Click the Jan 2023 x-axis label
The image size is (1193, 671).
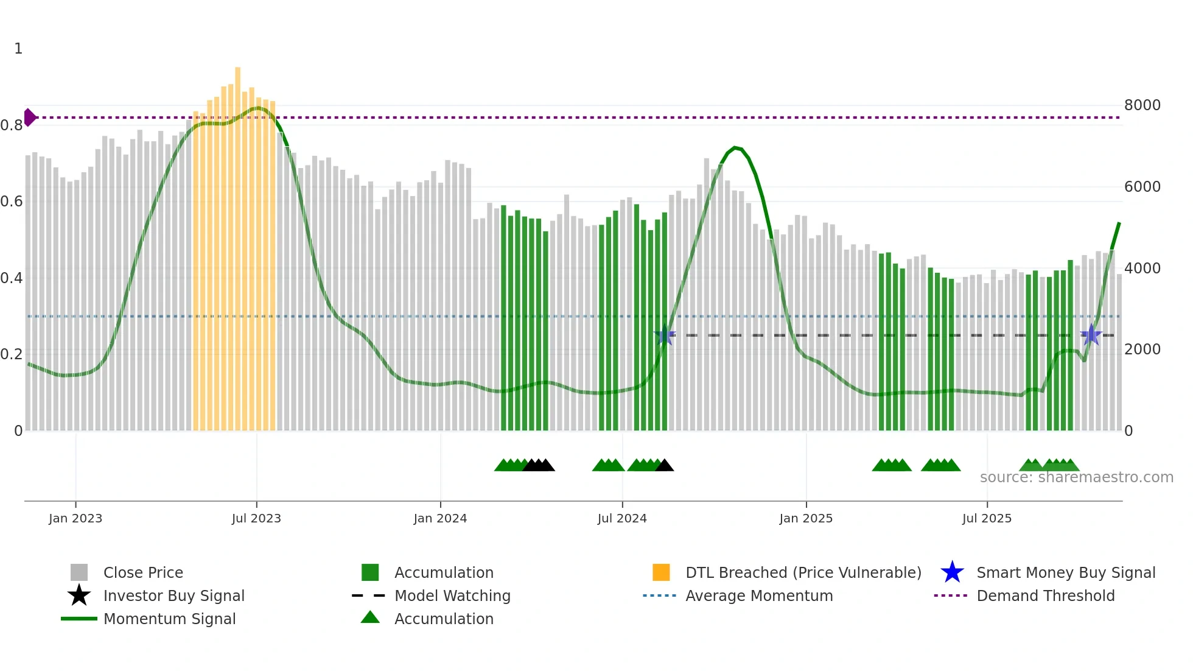(x=75, y=518)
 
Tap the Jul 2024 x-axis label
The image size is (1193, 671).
(x=622, y=518)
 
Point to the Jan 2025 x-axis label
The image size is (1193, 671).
(x=806, y=518)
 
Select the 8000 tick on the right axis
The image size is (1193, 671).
(x=1142, y=105)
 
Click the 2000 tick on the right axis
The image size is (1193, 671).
(x=1142, y=350)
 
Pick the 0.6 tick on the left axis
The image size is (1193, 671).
(x=12, y=202)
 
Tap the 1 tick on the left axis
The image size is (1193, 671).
(x=18, y=49)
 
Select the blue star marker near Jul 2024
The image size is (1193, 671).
(x=665, y=335)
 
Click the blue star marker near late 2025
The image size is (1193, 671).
(x=1091, y=335)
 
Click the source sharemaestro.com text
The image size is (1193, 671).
(x=1076, y=477)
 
